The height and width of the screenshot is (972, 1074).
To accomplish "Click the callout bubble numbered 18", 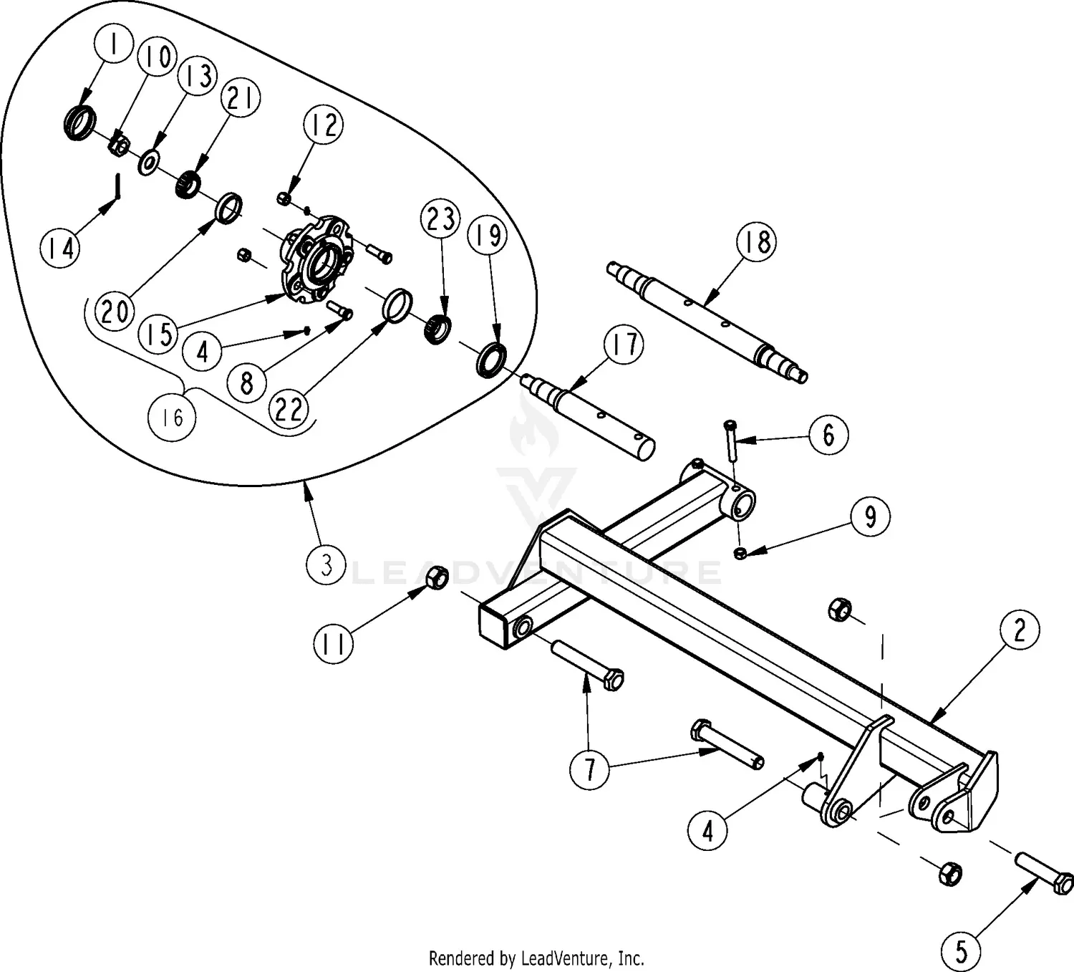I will pos(756,241).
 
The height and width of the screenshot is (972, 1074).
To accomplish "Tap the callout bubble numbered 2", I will pos(1019,630).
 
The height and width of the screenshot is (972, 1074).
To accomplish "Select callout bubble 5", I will pos(961,951).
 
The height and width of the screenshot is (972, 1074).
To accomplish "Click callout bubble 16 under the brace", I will pos(173,417).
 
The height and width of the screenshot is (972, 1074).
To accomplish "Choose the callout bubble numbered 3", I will pos(326,565).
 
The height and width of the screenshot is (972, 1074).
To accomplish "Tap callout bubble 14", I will pos(61,249).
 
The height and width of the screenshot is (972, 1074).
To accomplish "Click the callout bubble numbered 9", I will pos(870,516).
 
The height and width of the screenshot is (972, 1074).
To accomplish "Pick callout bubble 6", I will pos(828,434).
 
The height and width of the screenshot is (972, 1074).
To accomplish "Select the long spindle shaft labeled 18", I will pos(709,318).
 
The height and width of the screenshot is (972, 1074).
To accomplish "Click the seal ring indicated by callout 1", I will pos(79,121).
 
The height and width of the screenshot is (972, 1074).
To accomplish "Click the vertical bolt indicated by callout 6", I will pos(730,442).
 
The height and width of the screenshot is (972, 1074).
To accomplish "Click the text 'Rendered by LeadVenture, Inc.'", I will pos(536,958).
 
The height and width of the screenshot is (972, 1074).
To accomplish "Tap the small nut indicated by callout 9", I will pos(741,552).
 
